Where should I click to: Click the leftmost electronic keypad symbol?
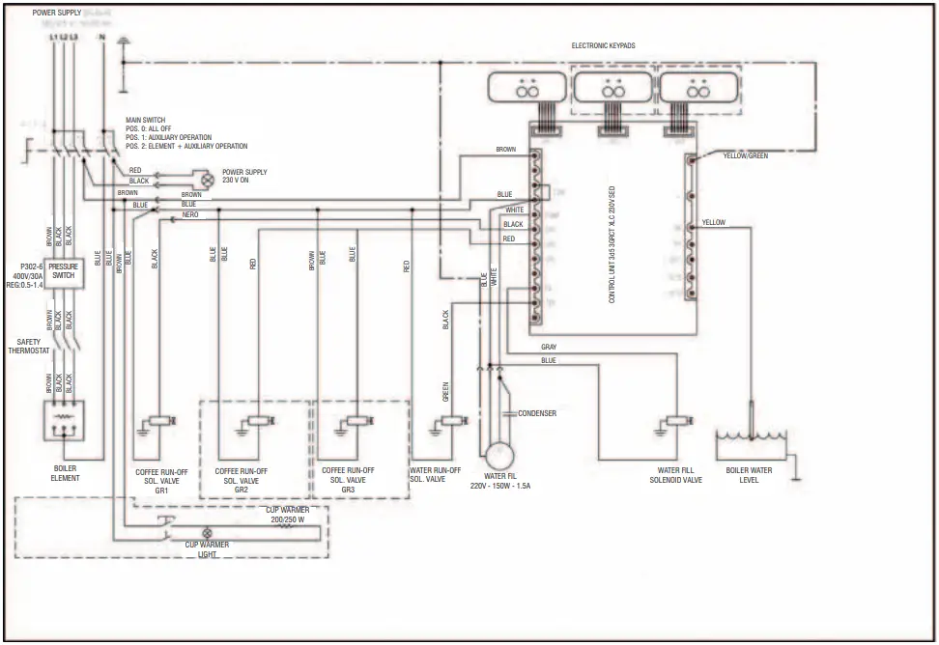(x=527, y=90)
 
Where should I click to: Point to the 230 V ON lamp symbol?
(x=204, y=178)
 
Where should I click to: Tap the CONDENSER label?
(x=537, y=413)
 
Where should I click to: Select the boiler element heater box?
(x=64, y=419)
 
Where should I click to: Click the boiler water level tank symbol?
(x=751, y=445)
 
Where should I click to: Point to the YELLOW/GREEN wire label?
(x=745, y=155)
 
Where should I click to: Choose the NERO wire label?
(x=190, y=214)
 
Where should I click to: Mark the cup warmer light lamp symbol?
(x=206, y=533)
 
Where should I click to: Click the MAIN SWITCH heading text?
(x=146, y=121)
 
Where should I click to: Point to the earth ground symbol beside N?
(x=123, y=42)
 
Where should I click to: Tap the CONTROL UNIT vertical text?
(x=612, y=246)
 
